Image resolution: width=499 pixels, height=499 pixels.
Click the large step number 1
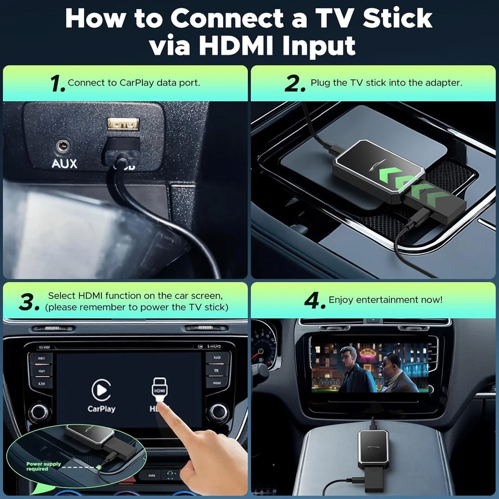coord(58,84)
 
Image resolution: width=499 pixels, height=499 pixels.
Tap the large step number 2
coord(295,84)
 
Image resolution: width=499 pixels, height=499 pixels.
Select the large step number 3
coord(29,302)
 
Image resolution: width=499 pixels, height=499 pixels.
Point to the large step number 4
coord(314,300)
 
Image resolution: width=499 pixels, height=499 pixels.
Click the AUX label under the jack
coord(64,164)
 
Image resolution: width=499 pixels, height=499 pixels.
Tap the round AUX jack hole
coord(64,145)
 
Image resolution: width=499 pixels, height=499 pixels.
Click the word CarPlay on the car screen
coord(101,409)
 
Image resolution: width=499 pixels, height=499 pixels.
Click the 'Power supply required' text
coord(44,466)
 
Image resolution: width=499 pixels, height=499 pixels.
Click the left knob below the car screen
coord(39,412)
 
